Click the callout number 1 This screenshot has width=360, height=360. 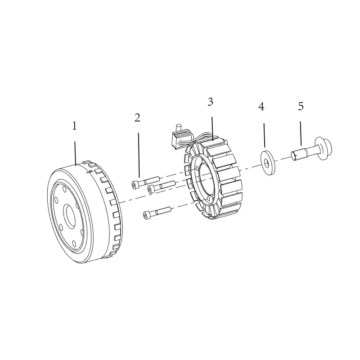pyautogui.click(x=74, y=126)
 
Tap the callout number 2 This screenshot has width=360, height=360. pyautogui.click(x=137, y=118)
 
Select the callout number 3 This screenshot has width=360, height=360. pyautogui.click(x=210, y=102)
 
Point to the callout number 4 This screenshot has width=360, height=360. pyautogui.click(x=261, y=107)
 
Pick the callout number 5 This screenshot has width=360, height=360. pyautogui.click(x=301, y=106)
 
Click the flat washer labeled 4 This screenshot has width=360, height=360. pyautogui.click(x=268, y=162)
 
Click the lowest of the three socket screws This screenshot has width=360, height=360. pyautogui.click(x=157, y=213)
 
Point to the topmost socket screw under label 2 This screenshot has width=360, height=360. pyautogui.click(x=145, y=183)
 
